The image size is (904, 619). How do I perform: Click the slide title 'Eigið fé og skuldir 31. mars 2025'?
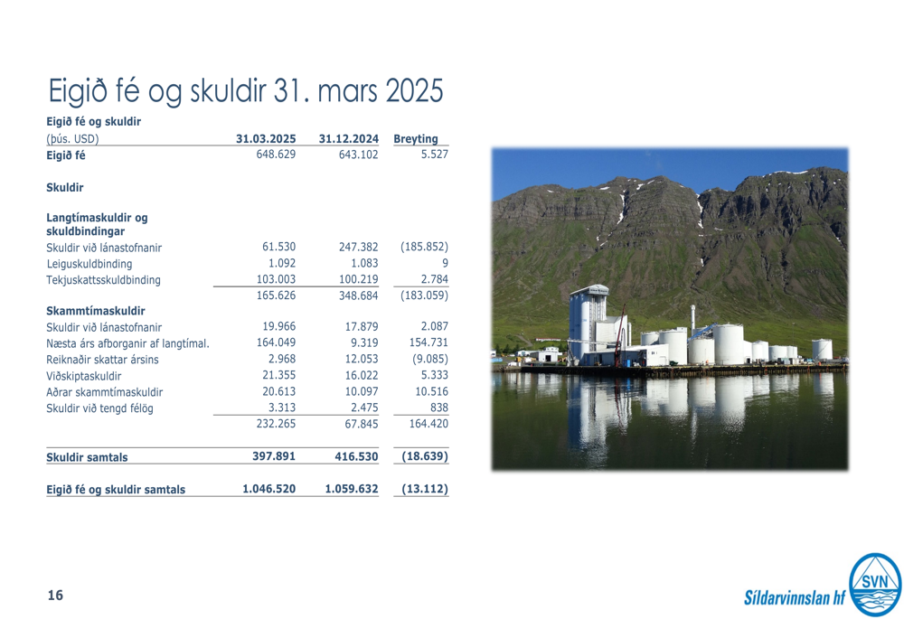click(x=246, y=91)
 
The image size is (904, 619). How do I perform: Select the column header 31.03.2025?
click(x=266, y=139)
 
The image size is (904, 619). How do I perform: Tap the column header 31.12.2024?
click(x=348, y=139)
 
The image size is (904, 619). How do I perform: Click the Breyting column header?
click(x=416, y=139)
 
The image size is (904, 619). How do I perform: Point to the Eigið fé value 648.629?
click(x=276, y=155)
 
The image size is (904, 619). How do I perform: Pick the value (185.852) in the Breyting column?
click(x=424, y=247)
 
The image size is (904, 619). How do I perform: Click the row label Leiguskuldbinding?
click(x=89, y=264)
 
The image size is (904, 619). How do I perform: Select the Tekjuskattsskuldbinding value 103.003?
click(x=276, y=279)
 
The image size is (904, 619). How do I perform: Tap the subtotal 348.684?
click(x=358, y=295)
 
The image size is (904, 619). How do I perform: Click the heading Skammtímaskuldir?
click(x=96, y=311)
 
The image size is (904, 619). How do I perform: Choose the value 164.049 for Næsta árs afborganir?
click(x=276, y=342)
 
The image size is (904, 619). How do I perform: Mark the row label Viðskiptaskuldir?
click(x=84, y=376)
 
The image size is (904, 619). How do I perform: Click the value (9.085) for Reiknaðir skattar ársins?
click(x=430, y=359)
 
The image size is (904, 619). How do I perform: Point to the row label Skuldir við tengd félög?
click(x=99, y=408)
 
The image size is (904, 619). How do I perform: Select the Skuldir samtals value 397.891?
click(x=274, y=456)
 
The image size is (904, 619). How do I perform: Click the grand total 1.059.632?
click(x=352, y=489)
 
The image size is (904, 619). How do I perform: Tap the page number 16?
click(x=55, y=596)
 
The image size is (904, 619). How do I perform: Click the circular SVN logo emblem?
click(x=875, y=585)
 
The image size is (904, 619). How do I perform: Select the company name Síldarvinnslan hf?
click(x=795, y=597)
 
